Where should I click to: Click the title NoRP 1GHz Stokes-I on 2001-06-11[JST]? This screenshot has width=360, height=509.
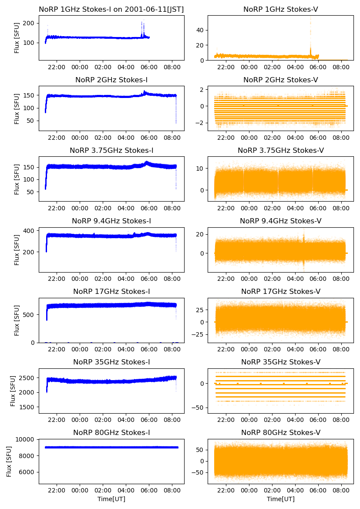pyautogui.click(x=111, y=9)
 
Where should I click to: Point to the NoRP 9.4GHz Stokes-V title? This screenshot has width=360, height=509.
pyautogui.click(x=280, y=221)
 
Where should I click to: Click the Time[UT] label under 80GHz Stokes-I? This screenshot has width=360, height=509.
pyautogui.click(x=111, y=499)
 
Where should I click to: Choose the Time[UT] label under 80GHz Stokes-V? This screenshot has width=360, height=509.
pyautogui.click(x=280, y=499)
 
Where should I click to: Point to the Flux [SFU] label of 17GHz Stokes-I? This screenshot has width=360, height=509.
pyautogui.click(x=17, y=320)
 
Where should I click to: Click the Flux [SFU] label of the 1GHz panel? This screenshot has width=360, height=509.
pyautogui.click(x=17, y=38)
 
